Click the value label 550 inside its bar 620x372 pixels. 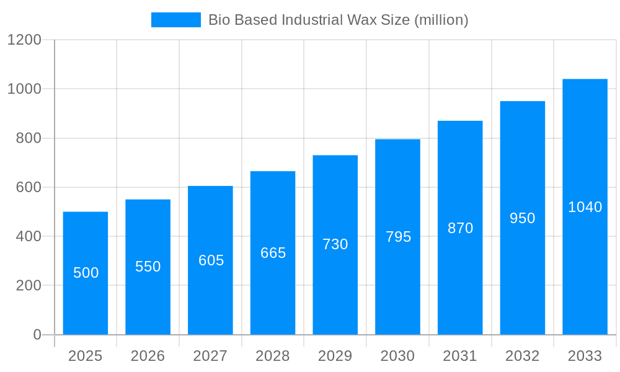pos(148,267)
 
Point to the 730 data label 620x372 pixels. pos(335,244)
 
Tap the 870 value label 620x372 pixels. pos(460,228)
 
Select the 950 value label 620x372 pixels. pos(523,218)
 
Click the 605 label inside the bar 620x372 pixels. pos(211,260)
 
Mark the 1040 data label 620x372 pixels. pos(585,207)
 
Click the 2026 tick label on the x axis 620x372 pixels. pos(148,356)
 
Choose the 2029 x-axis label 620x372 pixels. pos(335,356)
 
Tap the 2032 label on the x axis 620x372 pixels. pos(523,356)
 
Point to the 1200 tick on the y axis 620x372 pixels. pos(24,40)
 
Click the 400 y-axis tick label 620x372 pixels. pos(29,236)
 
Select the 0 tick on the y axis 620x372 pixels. pos(37,335)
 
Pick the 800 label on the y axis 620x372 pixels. pos(29,138)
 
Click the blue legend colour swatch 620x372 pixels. pos(176,20)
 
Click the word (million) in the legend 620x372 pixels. pos(441,20)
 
